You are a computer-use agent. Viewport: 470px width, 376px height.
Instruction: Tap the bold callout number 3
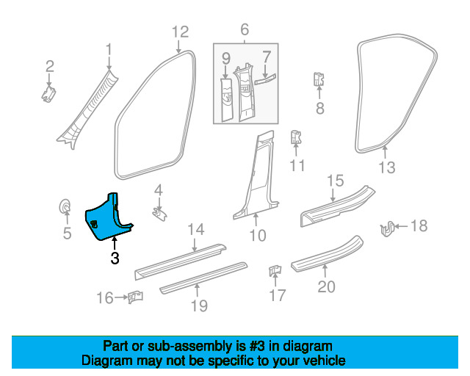tap(115, 258)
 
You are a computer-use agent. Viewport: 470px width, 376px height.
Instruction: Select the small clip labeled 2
tap(48, 93)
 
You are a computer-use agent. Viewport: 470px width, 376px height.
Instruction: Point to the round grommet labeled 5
tap(65, 206)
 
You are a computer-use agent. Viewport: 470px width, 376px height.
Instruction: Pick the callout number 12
tap(181, 32)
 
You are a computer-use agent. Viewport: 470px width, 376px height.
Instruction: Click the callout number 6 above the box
tap(245, 29)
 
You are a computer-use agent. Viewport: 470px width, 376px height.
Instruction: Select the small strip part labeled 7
tap(265, 79)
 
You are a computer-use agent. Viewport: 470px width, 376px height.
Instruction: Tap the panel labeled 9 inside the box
tap(227, 100)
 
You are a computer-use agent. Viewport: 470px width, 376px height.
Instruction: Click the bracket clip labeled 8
tap(319, 79)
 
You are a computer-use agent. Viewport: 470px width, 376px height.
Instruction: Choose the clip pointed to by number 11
tap(296, 137)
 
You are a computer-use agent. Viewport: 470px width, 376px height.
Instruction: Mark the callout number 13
tap(387, 167)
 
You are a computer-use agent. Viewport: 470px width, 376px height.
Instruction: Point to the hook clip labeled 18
tap(387, 229)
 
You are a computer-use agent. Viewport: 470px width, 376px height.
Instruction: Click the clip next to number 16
tap(135, 297)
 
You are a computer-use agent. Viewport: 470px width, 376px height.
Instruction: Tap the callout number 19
tap(199, 305)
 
